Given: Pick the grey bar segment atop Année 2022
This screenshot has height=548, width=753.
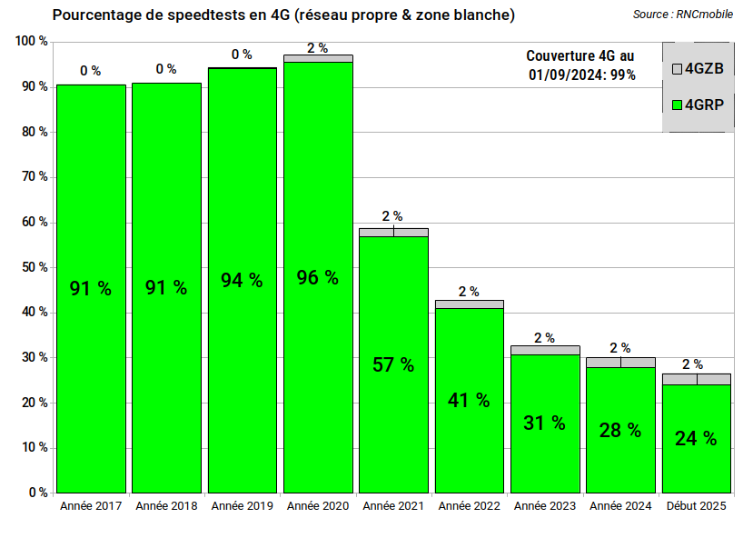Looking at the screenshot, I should click(469, 304).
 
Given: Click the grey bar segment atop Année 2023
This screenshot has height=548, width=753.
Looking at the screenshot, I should click(545, 350).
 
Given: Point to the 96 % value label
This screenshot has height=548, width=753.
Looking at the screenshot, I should click(318, 278).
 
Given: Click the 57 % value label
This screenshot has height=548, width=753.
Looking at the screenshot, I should click(393, 365).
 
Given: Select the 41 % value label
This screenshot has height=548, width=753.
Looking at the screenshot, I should click(469, 400).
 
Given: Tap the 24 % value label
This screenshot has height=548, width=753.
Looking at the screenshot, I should click(696, 438).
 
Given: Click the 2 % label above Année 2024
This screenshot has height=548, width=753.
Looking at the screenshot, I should click(620, 347).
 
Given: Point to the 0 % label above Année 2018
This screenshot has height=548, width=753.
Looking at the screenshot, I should click(166, 69).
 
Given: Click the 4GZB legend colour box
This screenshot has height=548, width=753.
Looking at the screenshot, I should click(676, 69).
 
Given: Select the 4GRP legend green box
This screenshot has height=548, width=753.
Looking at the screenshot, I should click(676, 105).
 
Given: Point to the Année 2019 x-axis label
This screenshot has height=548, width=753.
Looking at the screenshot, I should click(242, 505).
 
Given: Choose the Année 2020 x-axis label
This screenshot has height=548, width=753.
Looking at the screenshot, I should click(318, 505).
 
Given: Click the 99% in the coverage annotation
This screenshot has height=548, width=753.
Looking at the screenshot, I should click(622, 75).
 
